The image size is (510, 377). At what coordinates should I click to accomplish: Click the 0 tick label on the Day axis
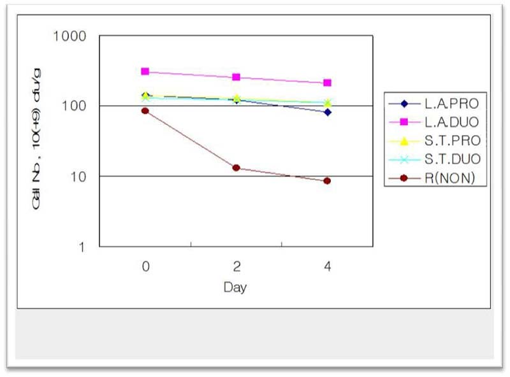tap(145, 267)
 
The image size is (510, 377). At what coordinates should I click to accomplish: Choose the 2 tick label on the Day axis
tap(236, 267)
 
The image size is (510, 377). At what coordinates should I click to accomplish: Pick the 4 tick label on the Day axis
tap(327, 267)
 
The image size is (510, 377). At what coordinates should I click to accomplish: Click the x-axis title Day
tap(235, 287)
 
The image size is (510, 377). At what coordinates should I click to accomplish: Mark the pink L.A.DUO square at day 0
tap(145, 71)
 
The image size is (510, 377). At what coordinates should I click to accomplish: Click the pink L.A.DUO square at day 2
tap(236, 77)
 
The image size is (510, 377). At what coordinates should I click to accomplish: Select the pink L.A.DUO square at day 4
tap(327, 83)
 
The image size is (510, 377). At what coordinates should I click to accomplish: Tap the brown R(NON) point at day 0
tap(145, 111)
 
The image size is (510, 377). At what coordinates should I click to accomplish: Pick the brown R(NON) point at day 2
tap(236, 168)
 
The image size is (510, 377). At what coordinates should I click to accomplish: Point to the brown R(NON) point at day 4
tap(327, 181)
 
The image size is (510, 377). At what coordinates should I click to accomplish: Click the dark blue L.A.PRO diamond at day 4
tap(327, 112)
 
